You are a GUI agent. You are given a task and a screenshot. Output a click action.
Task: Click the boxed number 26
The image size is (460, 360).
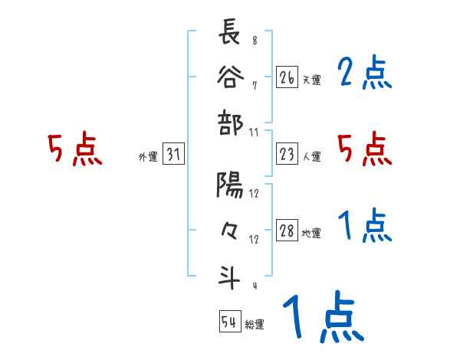(287, 77)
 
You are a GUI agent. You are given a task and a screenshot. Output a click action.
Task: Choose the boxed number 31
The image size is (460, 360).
(173, 156)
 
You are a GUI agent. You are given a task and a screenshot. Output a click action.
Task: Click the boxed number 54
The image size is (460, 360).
(229, 322)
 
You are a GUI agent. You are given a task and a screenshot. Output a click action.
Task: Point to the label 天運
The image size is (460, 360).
(311, 80)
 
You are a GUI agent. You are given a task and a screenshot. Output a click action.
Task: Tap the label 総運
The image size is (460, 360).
(255, 325)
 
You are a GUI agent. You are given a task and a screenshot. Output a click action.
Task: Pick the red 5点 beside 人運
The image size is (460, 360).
(365, 149)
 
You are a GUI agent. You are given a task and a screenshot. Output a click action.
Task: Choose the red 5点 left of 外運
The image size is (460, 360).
(75, 149)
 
